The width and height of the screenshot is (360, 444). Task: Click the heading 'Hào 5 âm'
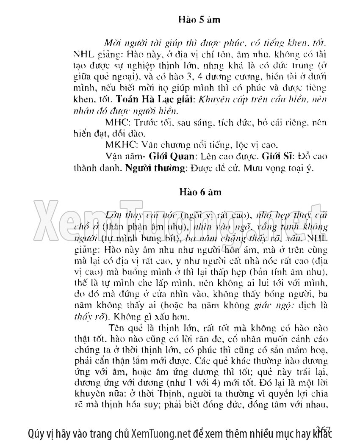click(199, 20)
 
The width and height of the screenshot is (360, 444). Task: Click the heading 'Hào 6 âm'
click(199, 193)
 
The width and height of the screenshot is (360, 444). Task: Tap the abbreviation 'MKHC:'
click(118, 144)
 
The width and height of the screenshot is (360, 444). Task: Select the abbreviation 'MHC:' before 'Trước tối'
click(115, 122)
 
